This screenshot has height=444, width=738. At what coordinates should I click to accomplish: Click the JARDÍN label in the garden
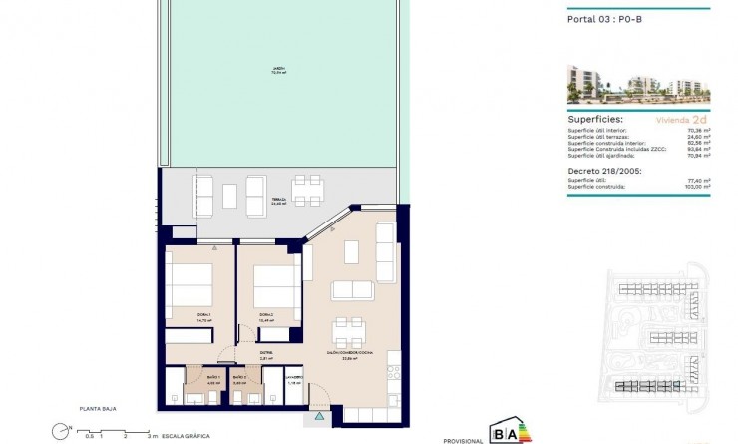[277, 69]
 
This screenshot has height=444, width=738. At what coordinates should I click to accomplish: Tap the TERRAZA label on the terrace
[279, 200]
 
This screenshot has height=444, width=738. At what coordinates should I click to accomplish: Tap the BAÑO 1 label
[213, 379]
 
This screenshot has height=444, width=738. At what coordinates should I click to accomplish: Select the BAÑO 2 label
[239, 379]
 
